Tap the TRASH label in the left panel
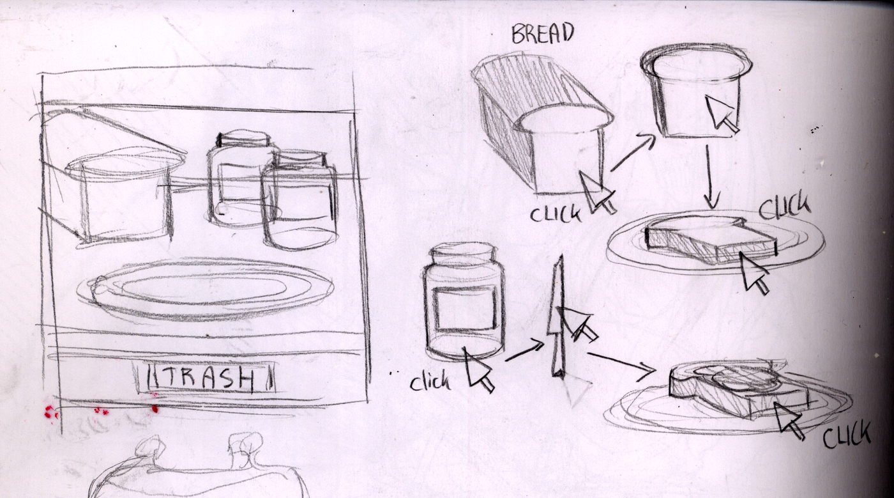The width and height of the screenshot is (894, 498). [x=206, y=377]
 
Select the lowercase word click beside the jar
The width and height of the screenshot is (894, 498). [x=430, y=382]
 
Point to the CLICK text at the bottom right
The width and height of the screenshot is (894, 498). [x=846, y=434]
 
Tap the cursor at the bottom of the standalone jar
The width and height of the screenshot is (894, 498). [x=478, y=370]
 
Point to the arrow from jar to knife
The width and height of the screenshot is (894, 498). [x=524, y=351]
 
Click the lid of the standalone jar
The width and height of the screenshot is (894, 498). [x=463, y=252]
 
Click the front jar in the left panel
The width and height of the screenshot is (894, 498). [x=299, y=202]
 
